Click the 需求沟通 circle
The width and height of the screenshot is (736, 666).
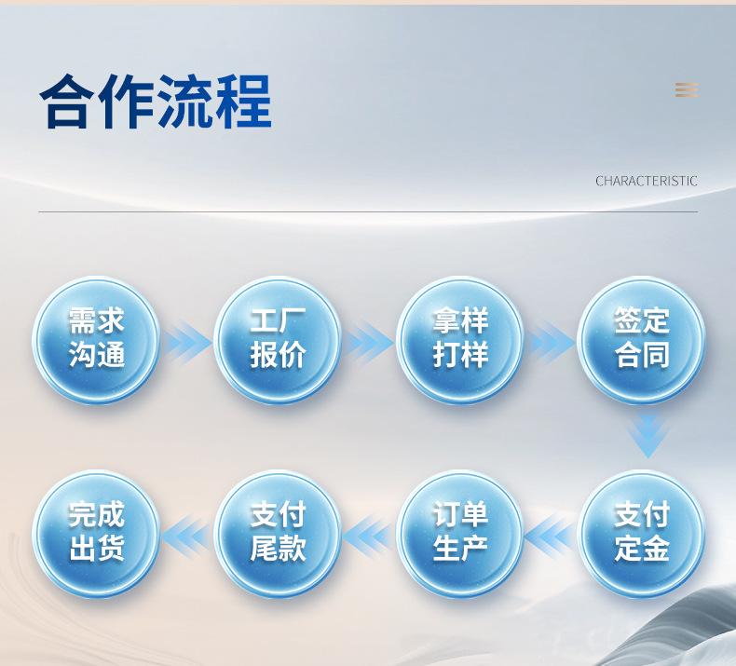coord(96,340)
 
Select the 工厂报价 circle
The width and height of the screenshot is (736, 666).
coord(278,340)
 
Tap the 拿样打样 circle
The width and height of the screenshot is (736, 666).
coord(460,340)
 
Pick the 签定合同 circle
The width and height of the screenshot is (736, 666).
coord(641,340)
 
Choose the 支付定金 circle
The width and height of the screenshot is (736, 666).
coord(641,534)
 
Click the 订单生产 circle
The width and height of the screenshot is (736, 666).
coord(460,534)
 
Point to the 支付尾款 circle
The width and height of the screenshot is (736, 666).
coord(278,534)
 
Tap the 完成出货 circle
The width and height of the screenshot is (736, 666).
coord(96,534)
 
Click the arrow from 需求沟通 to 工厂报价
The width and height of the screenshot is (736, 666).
coord(188,342)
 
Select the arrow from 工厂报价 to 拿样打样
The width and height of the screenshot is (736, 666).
coord(369,342)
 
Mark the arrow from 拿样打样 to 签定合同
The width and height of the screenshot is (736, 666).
coord(551,342)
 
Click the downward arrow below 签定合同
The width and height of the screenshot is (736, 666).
coord(648,436)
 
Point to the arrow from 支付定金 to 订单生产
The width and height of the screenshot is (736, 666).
coord(550,536)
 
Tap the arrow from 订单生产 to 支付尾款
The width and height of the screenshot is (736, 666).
coord(369,536)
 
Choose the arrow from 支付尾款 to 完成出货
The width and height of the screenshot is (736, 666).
coord(187,536)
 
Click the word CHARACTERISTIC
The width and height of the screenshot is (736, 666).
coord(647,181)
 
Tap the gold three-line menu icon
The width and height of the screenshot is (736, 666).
coord(687,89)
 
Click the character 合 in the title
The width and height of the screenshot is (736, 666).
coord(67,101)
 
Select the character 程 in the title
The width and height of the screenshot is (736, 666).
coord(243,101)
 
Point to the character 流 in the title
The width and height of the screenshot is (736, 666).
coord(184,101)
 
